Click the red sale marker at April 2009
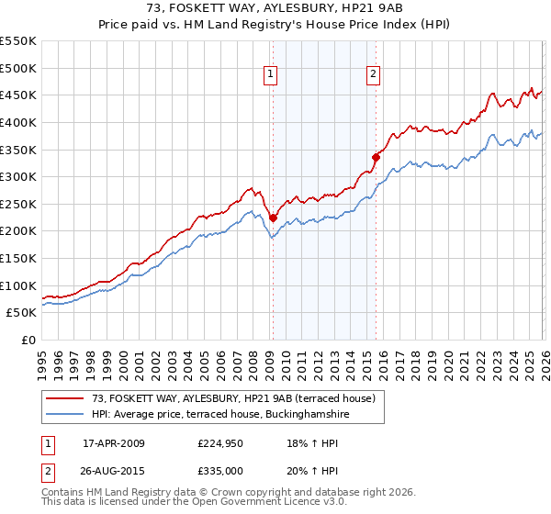[x=273, y=218]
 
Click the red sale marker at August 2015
[x=376, y=157]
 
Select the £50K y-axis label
[x=22, y=313]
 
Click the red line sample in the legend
[x=65, y=399]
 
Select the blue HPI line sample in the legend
[x=65, y=415]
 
